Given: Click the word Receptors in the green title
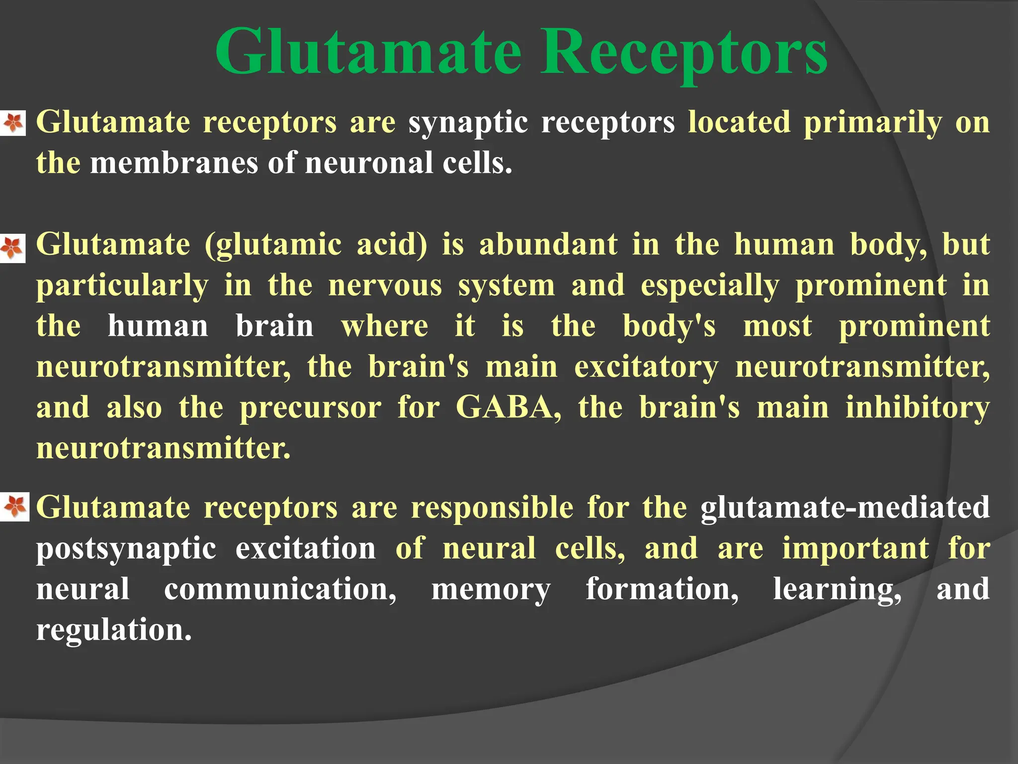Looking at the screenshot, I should tap(684, 52).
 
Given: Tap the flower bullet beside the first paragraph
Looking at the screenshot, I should tap(13, 122).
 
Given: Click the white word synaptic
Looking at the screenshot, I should tap(468, 123).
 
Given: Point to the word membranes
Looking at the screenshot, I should tap(174, 163).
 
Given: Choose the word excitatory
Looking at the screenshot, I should tap(646, 368).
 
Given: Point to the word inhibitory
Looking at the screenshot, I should tap(918, 408).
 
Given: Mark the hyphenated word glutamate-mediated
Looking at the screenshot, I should tap(845, 507).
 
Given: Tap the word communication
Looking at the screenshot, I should tap(280, 589).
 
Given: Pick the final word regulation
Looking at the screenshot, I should tap(114, 631).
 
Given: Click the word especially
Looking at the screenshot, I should tap(710, 286).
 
